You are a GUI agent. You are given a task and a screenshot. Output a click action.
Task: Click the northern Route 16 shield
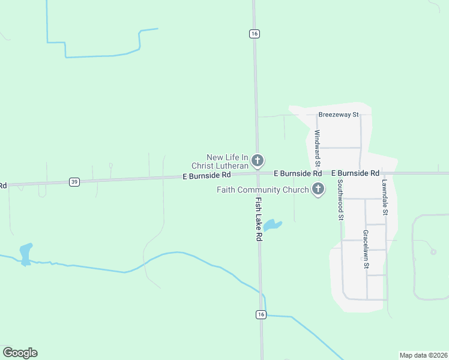coord(255,34)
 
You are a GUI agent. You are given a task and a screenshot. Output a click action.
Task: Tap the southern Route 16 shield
coord(261,314)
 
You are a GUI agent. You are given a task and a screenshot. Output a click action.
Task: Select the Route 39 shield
coord(74,182)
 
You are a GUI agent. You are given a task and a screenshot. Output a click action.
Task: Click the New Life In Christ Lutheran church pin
coord(258,160)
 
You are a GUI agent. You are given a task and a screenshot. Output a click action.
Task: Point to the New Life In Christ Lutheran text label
coord(227,161)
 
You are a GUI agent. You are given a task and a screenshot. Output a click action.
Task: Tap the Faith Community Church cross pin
coord(318,190)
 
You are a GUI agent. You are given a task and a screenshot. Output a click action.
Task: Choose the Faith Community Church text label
coord(263,190)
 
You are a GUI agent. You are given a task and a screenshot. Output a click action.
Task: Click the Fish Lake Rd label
coord(259,219)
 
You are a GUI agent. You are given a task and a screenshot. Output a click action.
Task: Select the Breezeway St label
coord(339,114)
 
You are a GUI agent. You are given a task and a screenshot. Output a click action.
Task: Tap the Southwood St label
coord(340,200)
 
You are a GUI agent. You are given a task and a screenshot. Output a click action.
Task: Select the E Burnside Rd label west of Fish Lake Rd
coord(206,176)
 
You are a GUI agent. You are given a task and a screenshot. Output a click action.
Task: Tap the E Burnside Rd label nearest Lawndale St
coord(355,173)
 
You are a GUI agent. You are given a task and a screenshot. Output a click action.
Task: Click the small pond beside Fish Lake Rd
coord(271,225)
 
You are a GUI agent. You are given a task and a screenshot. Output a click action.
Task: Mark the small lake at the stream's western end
coord(26,253)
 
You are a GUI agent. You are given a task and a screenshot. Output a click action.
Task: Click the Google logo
coord(20,353)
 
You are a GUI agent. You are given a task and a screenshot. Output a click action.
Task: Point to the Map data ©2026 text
coord(423,355)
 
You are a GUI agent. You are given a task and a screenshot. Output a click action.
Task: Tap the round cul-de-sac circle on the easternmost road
coord(433,251)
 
